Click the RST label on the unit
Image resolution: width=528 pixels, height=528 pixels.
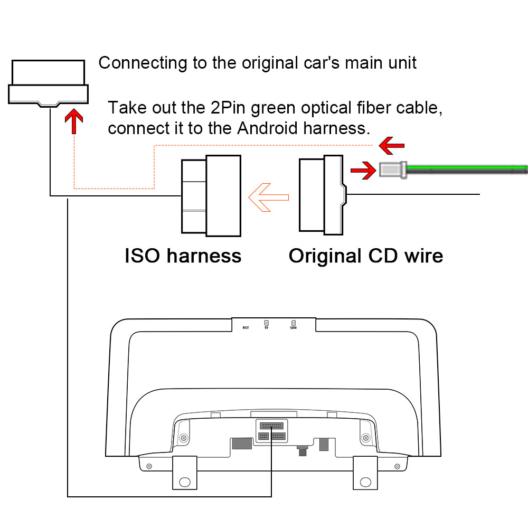(246, 328)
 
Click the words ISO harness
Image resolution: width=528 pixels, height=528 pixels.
(183, 256)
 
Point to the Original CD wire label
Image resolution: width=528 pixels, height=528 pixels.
(365, 256)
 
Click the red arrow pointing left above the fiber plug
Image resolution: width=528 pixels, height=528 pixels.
(392, 144)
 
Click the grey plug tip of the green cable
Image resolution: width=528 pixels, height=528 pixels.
(392, 169)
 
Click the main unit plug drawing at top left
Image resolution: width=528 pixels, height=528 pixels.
(48, 82)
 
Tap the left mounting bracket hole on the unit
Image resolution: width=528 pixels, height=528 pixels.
(185, 482)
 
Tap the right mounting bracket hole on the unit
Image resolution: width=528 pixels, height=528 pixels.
(365, 482)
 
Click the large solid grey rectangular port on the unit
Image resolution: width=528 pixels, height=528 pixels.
(242, 443)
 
